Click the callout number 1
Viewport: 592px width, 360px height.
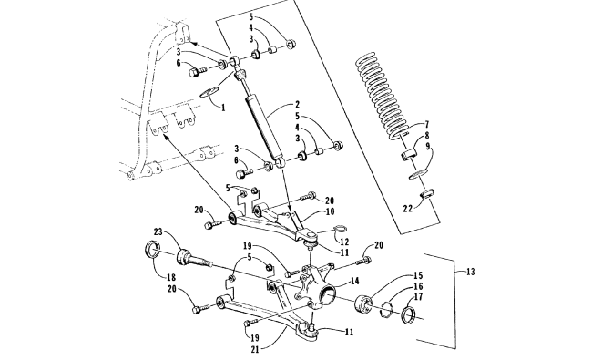(223, 108)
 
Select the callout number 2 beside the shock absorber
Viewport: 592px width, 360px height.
(298, 104)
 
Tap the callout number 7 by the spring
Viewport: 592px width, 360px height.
(427, 124)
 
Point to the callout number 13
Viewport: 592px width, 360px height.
(471, 272)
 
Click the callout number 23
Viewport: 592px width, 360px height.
(158, 231)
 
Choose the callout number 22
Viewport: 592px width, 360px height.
(408, 208)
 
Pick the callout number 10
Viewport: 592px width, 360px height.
(330, 211)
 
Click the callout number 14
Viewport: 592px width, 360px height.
(355, 281)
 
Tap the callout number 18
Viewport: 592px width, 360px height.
(171, 278)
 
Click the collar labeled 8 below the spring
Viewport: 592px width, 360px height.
(407, 155)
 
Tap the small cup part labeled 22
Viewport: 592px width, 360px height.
(427, 194)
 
